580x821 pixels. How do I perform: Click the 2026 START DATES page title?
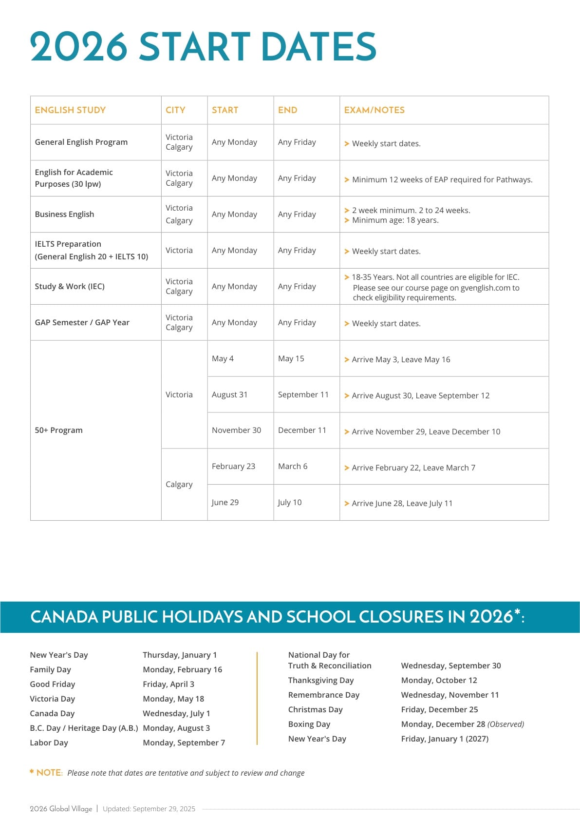203,47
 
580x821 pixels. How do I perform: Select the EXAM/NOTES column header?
374,110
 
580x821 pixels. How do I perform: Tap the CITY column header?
175,110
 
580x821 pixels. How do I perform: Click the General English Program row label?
81,142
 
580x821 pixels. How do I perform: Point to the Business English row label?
64,214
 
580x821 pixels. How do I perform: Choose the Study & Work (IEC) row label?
70,286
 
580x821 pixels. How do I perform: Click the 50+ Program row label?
58,430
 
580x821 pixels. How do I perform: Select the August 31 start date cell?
229,394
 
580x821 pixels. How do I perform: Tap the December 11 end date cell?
302,430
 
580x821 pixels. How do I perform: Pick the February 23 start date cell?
233,466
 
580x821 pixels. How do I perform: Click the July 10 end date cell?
290,502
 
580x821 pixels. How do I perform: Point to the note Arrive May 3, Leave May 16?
401,359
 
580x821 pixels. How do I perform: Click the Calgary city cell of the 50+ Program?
179,484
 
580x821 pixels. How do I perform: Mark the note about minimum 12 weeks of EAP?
442,179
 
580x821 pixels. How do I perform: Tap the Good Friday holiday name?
52,684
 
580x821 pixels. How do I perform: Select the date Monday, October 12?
439,680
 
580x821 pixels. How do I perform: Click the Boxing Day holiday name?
309,724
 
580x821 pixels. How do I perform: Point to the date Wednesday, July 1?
176,713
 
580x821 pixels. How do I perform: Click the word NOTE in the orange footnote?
49,773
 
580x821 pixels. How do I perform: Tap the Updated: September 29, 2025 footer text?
149,809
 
